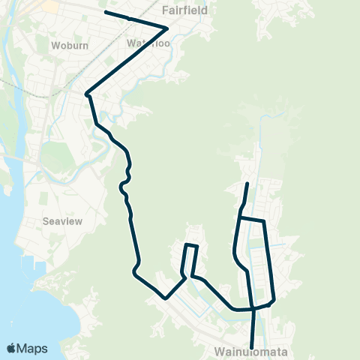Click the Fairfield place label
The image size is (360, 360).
(x=184, y=11)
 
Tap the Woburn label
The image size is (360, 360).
(x=70, y=45)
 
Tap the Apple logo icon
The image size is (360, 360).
(x=11, y=348)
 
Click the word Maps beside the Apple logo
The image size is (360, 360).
(x=32, y=348)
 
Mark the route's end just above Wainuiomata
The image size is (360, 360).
(x=251, y=346)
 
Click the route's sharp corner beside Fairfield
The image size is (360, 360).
(x=166, y=28)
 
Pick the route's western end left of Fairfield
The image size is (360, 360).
(x=105, y=12)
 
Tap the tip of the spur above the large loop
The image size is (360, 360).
(x=247, y=183)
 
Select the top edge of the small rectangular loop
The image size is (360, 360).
(x=191, y=245)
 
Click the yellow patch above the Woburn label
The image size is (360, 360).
(x=51, y=6)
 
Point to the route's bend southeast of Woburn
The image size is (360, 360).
(x=88, y=94)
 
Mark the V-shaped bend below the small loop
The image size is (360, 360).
(x=166, y=297)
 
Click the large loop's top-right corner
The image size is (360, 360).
(x=263, y=220)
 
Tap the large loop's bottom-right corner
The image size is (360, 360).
(x=274, y=299)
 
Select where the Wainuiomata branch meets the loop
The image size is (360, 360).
(x=253, y=307)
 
